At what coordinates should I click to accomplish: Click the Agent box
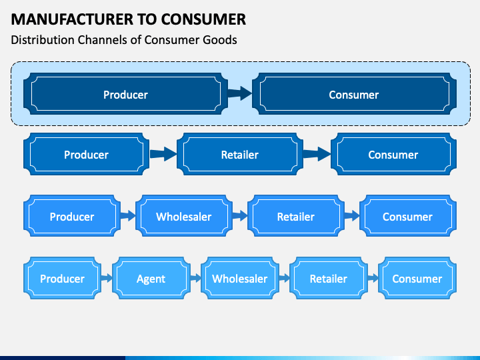151,278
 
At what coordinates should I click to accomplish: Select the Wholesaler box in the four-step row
184,216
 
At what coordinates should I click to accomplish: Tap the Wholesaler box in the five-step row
240,278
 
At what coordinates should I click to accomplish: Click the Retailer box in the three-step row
240,154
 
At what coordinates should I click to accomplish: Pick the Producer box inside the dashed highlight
125,94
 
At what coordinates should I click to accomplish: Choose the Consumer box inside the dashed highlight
354,94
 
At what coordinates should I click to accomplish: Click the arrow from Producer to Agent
107,278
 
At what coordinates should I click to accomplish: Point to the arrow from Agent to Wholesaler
195,278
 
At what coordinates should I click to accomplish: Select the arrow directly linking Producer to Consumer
240,93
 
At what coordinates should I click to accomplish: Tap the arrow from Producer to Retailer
163,154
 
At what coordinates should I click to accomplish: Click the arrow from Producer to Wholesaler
128,216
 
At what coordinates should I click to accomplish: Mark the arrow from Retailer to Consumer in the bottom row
373,278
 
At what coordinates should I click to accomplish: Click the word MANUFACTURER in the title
72,19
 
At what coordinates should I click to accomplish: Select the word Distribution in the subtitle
43,40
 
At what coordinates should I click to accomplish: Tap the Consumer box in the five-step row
417,278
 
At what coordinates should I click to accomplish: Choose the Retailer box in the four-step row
296,216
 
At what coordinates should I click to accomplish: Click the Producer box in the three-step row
86,154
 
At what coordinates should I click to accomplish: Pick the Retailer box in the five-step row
329,278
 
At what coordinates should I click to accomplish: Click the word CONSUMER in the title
203,19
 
